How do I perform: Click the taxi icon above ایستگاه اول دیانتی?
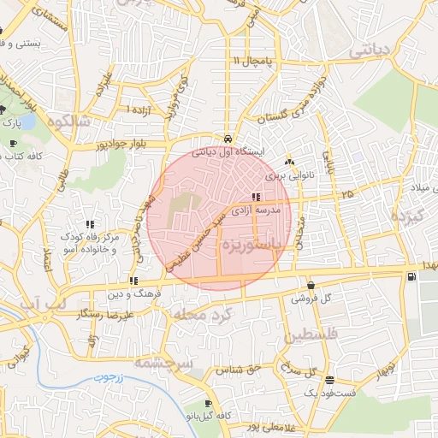tap(228, 139)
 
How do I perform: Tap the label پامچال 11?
tap(251, 61)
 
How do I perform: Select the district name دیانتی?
tap(375, 52)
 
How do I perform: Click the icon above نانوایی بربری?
tap(289, 160)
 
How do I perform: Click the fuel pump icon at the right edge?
tap(413, 276)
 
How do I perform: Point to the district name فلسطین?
tap(311, 332)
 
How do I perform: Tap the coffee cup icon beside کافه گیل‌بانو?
tap(208, 404)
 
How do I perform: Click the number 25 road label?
tap(346, 195)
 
